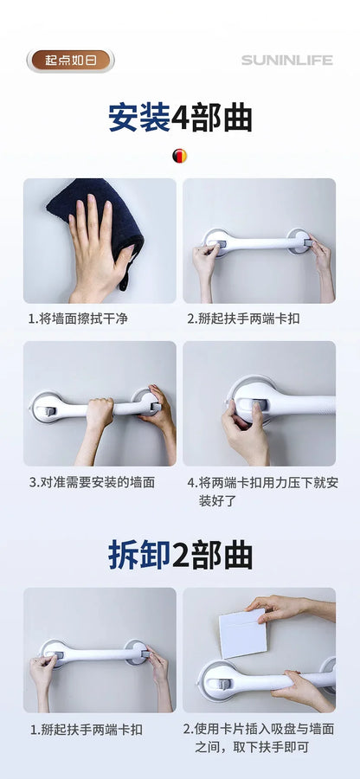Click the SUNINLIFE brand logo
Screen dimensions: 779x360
click(286, 61)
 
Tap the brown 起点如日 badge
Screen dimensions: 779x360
click(70, 60)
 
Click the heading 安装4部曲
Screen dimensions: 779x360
click(180, 118)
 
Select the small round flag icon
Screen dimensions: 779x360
click(179, 156)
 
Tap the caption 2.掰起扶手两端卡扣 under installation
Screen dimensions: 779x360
click(245, 319)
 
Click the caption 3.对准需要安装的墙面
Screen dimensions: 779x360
click(91, 481)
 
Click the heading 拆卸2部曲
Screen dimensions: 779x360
click(180, 555)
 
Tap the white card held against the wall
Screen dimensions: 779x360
click(243, 632)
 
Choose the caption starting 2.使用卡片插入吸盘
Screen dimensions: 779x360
click(259, 737)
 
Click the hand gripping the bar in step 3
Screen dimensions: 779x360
click(99, 411)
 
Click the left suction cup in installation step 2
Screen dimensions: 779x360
click(216, 241)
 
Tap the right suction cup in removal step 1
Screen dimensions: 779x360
click(136, 653)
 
